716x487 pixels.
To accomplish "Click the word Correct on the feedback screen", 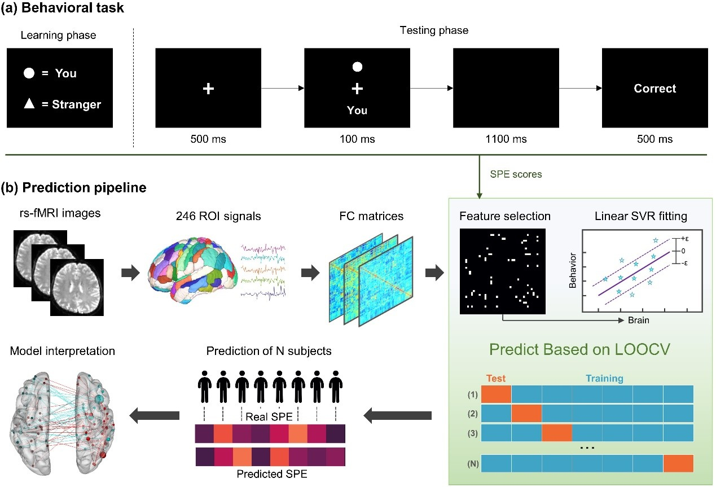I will click(654, 89).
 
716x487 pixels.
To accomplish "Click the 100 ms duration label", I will click(357, 139).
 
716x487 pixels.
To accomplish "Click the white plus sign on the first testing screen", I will click(208, 89).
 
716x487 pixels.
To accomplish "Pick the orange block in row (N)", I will click(678, 463).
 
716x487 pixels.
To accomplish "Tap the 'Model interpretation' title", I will click(63, 351).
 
